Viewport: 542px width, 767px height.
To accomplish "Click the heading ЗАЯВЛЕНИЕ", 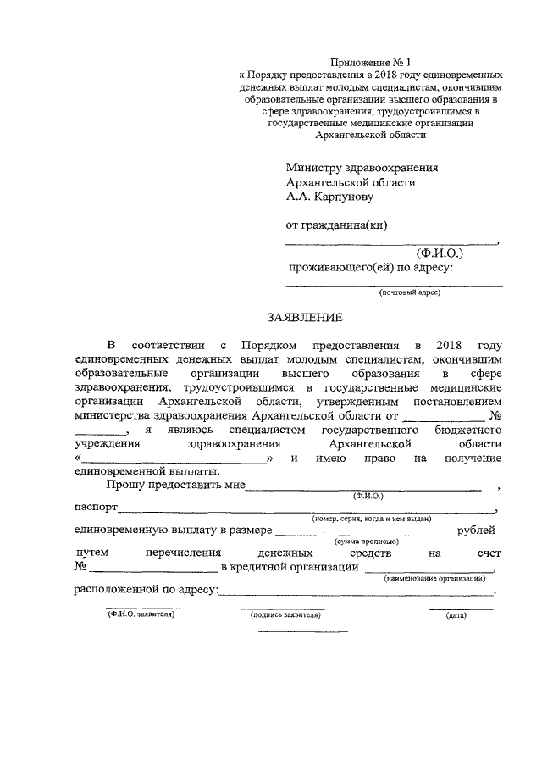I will click(x=305, y=318).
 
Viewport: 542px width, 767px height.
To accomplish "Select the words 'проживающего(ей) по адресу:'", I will click(x=371, y=269).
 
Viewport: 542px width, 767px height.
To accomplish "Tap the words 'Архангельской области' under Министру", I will click(x=351, y=182).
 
